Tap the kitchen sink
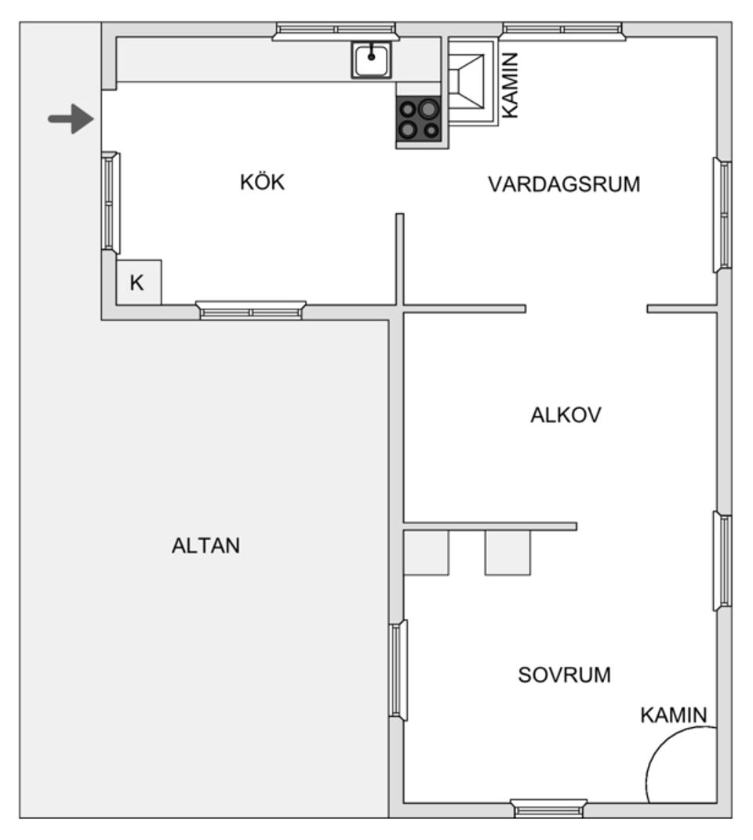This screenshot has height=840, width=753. [x=371, y=60]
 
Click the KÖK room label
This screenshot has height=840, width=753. [x=262, y=183]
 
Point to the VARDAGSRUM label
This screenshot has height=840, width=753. [x=564, y=185]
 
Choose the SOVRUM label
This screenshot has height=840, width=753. [x=564, y=675]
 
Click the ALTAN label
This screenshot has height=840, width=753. [x=206, y=546]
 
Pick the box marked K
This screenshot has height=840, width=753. [x=138, y=283]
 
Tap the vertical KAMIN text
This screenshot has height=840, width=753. [x=510, y=85]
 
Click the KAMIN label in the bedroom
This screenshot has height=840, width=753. [x=674, y=715]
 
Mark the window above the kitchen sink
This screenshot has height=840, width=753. [x=336, y=31]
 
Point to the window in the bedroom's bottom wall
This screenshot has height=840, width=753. [x=549, y=808]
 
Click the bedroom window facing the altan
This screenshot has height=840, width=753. [x=398, y=670]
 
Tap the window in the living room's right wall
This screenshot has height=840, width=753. [x=723, y=215]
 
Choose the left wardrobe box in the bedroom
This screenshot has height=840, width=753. [x=426, y=552]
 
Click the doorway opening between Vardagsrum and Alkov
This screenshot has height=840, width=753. [x=586, y=309]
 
